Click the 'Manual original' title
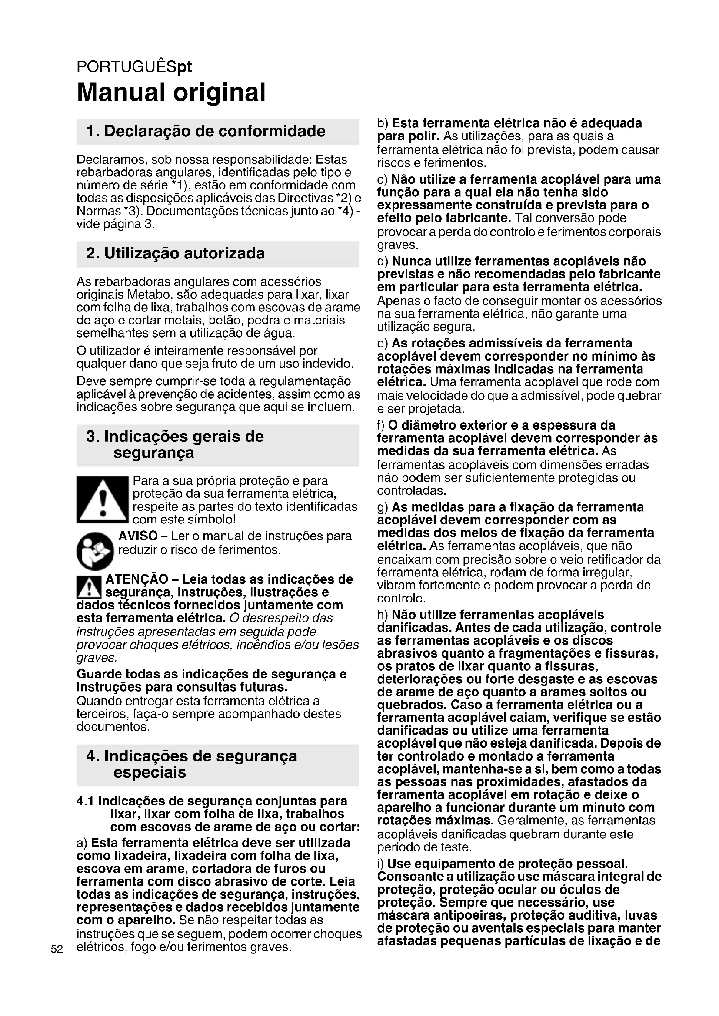pos(171,92)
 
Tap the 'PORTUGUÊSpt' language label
pos(134,67)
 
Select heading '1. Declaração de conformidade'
pos(206,131)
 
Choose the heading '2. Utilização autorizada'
pos(176,254)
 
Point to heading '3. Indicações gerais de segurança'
pos(175,444)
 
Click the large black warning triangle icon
pos(102,500)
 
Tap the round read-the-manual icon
pos(95,550)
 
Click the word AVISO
pos(138,536)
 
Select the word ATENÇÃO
pos(136,579)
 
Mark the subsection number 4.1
pos(85,801)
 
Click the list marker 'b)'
pos(383,123)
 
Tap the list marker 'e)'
pos(383,344)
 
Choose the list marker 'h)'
pos(383,615)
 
